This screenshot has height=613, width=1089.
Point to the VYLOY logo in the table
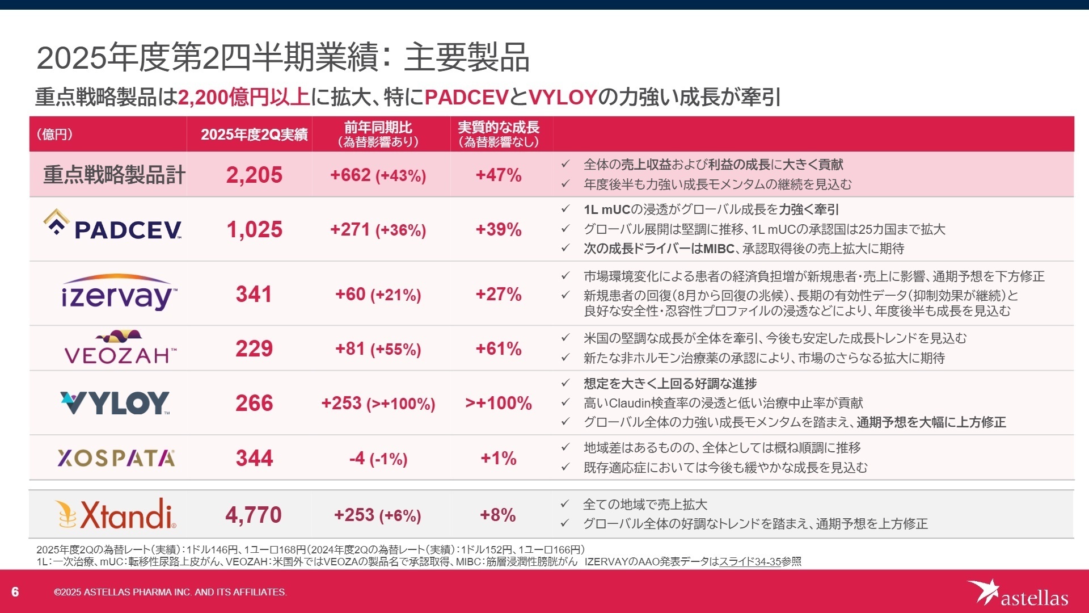(x=115, y=403)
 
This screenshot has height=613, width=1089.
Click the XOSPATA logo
(x=116, y=458)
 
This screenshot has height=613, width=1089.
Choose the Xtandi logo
(x=116, y=514)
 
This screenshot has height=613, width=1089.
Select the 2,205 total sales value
(x=254, y=175)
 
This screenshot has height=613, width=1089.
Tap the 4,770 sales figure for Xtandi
(x=254, y=515)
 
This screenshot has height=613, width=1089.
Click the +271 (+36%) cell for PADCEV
(x=378, y=230)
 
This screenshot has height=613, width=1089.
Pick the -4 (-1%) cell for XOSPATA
(x=378, y=458)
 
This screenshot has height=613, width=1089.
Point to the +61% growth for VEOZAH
(x=498, y=349)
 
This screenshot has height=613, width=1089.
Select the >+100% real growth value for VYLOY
(x=498, y=403)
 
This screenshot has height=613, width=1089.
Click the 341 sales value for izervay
(x=254, y=294)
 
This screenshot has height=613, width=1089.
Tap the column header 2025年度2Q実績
(x=254, y=135)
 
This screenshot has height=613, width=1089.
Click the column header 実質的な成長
(x=498, y=128)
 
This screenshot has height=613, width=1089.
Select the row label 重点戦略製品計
(x=114, y=175)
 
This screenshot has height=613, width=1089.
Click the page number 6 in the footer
(x=15, y=592)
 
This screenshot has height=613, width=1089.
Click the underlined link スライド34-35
(x=750, y=561)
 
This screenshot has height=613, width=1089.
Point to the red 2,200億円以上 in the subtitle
(x=244, y=97)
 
